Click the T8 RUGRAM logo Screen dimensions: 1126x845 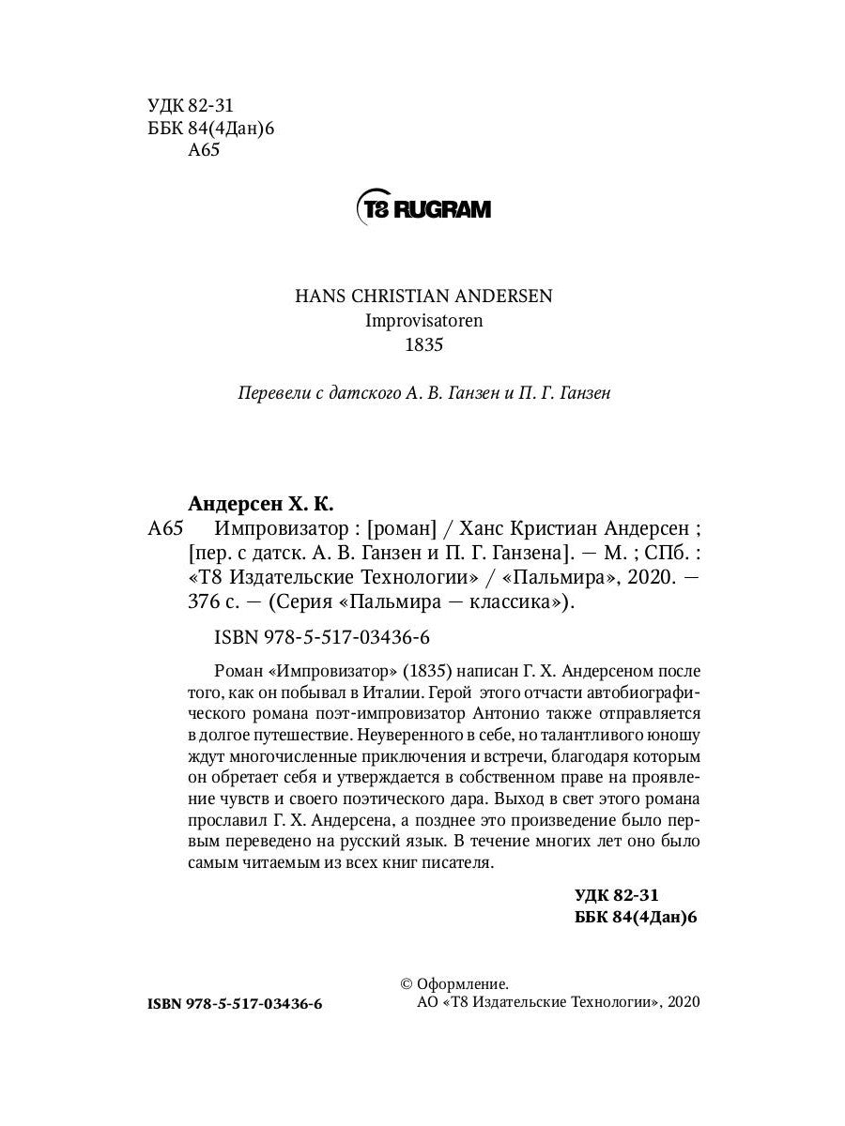(422, 207)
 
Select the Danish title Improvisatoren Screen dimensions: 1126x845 (422, 320)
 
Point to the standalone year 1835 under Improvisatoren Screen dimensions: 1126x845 (422, 345)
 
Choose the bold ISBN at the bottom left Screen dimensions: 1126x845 (235, 1004)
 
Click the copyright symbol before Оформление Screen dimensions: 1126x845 (407, 983)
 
